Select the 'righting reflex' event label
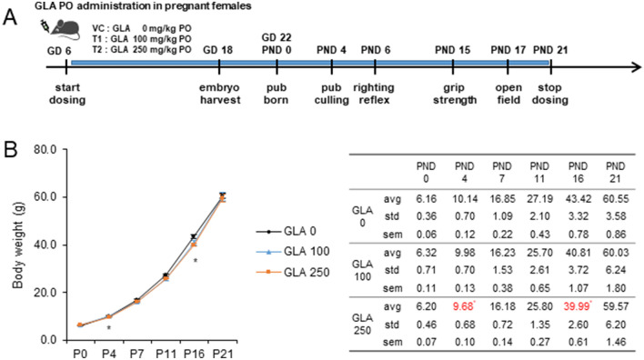click(377, 93)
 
